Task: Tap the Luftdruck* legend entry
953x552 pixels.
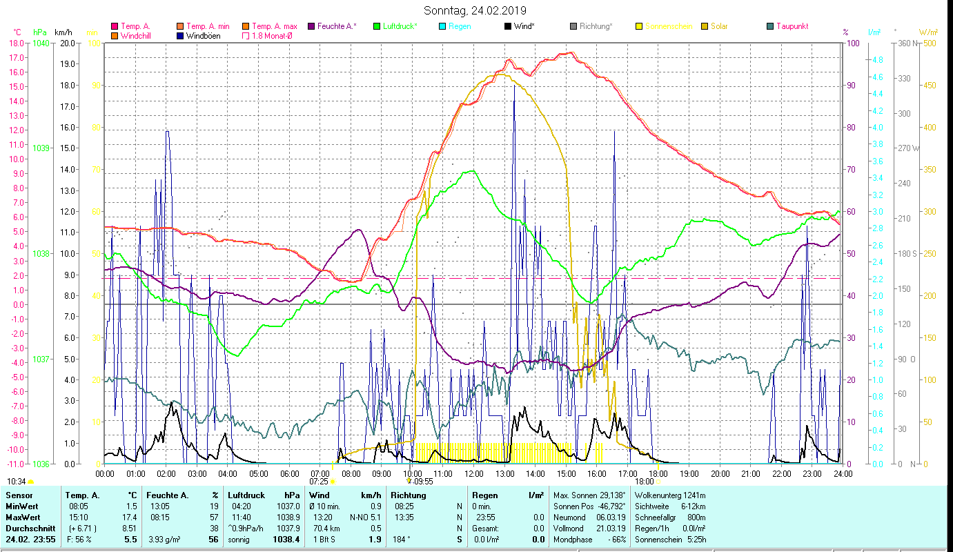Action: (400, 26)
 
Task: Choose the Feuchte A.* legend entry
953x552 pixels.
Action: (337, 26)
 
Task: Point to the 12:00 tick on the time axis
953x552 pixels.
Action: (474, 473)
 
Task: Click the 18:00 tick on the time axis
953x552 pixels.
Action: (658, 473)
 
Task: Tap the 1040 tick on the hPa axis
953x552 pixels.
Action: (41, 43)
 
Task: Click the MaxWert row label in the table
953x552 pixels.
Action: (22, 517)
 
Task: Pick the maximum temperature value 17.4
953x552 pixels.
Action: (130, 517)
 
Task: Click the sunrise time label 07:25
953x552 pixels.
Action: (318, 481)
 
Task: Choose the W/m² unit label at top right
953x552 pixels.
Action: (927, 32)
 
